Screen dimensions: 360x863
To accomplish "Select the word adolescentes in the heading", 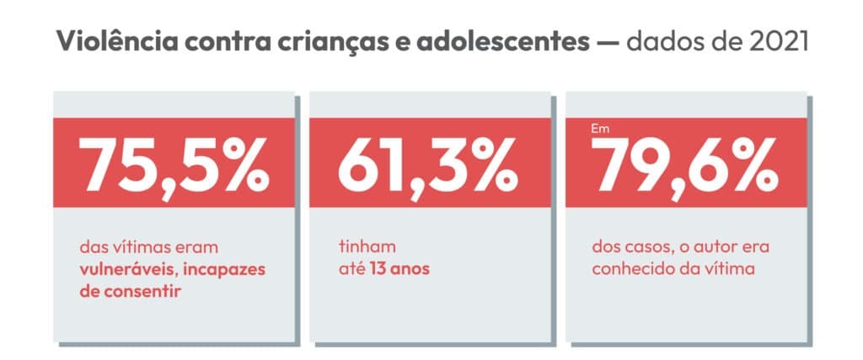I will (535, 42).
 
